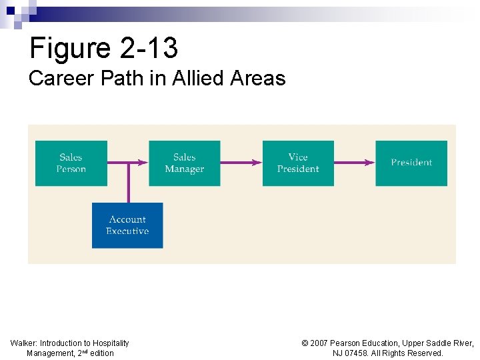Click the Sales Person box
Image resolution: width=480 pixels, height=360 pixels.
[71, 163]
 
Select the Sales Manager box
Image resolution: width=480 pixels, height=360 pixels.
[184, 163]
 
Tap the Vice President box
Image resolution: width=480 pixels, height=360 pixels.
[298, 163]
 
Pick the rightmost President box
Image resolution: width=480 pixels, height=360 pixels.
[411, 163]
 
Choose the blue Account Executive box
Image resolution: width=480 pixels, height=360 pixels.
[127, 225]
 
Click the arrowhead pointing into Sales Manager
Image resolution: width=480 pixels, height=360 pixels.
[143, 162]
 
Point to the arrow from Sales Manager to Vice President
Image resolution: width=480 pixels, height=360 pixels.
[241, 162]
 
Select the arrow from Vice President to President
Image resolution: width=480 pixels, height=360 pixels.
[355, 162]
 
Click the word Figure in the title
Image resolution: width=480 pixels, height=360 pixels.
[70, 48]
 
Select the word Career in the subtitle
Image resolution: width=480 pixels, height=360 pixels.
[57, 79]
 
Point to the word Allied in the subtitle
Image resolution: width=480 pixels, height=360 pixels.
[198, 79]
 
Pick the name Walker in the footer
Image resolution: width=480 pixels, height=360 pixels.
[23, 343]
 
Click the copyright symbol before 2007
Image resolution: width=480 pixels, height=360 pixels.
[305, 343]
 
